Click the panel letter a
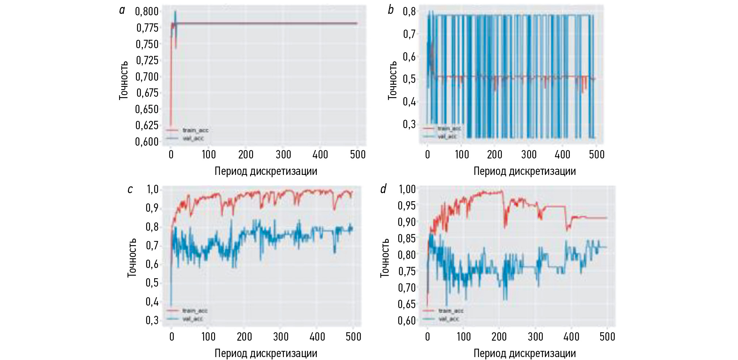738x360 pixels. pos(122,10)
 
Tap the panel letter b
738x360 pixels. pos(391,10)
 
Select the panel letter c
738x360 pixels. pos(130,189)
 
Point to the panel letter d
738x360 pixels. pos(383,189)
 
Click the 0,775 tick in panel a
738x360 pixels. pos(147,28)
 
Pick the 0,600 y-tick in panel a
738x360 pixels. pos(147,142)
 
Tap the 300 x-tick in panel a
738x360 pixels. pos(283,154)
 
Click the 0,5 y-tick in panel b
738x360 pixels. pos(409,79)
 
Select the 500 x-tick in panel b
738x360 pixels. pos(596,154)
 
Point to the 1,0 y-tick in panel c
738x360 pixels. pos(152,189)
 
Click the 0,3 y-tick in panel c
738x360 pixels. pos(152,320)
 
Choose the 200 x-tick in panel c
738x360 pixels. pos(244,336)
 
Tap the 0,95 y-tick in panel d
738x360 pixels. pos(406,206)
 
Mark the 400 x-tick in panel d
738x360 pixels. pos(571,336)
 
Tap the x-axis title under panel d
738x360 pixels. pos(525,353)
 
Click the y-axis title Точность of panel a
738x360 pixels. pos(124,80)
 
